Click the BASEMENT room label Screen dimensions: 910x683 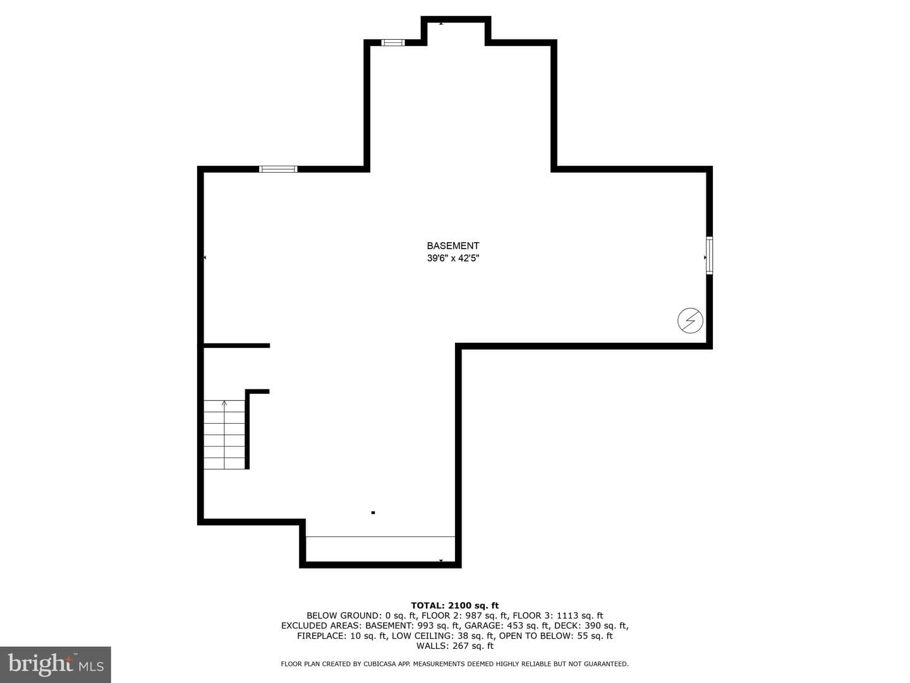pos(452,245)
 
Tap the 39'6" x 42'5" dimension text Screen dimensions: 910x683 pos(452,259)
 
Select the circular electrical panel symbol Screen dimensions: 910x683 pos(690,320)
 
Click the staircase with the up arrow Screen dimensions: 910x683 pos(224,434)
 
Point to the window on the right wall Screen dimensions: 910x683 pos(709,255)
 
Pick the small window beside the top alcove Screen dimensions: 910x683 pos(392,42)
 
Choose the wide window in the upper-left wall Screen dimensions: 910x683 pos(278,169)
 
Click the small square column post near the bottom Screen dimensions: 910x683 pos(373,512)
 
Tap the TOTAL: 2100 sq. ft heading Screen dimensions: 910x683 pos(455,605)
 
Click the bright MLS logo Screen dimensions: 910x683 pos(56,664)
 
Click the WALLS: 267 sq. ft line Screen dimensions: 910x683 pos(455,646)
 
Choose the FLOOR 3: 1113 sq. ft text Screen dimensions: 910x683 pos(558,615)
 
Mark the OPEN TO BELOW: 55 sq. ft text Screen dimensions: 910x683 pos(555,636)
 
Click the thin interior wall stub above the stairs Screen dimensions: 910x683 pos(237,345)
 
